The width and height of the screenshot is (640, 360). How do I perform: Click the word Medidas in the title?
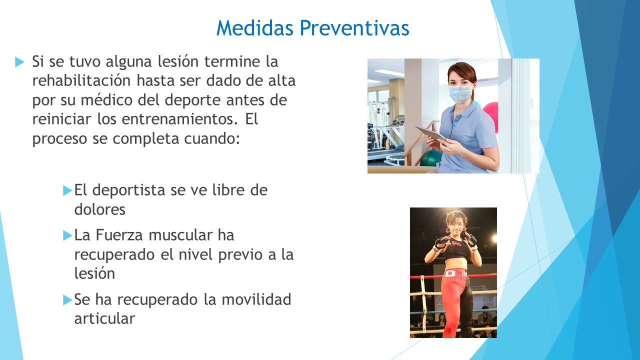tap(255, 28)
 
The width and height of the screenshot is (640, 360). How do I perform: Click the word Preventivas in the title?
tap(354, 28)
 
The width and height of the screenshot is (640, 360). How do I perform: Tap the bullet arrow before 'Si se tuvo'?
tap(19, 62)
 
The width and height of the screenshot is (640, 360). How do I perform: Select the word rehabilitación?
tap(81, 80)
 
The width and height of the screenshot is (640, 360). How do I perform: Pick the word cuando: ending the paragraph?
tap(211, 139)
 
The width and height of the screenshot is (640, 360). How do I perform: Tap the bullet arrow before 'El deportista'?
tap(67, 190)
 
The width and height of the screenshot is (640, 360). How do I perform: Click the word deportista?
tap(128, 190)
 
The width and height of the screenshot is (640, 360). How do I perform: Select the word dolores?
tap(99, 209)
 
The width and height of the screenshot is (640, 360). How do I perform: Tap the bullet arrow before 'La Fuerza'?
tap(67, 235)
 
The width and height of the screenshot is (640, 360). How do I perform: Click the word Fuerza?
tap(119, 235)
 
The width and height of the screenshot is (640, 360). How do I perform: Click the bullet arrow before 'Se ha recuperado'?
tap(67, 300)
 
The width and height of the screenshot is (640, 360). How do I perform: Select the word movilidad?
tap(256, 299)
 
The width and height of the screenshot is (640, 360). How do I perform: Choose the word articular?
tap(104, 319)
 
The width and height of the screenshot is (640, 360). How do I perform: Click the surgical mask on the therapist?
tap(460, 94)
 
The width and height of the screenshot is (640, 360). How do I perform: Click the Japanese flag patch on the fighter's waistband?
tap(450, 273)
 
